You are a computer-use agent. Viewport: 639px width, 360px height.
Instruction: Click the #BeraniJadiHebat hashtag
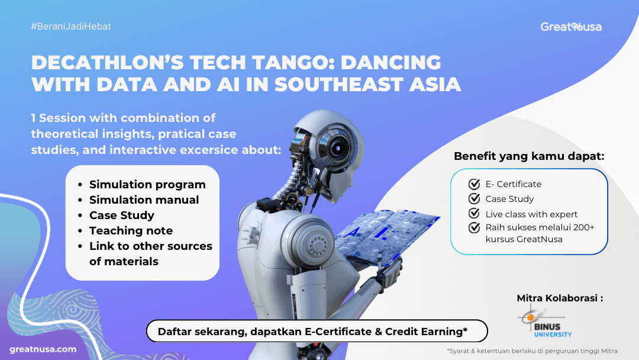[71, 27]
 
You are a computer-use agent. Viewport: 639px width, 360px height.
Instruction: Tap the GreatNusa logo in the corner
[571, 27]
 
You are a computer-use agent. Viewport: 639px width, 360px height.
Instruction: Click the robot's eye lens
[338, 147]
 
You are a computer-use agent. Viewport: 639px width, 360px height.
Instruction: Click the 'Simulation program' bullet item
[147, 185]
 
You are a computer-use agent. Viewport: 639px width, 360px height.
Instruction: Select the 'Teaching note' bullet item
[131, 231]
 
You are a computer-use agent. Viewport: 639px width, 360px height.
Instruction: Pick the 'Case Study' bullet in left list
[122, 216]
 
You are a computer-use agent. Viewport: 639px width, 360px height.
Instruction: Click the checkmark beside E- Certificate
[474, 184]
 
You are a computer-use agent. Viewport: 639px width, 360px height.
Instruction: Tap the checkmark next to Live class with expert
[474, 214]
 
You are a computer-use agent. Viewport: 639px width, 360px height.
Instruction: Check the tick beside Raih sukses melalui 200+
[474, 227]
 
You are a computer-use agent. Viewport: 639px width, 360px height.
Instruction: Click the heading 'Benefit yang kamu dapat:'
[529, 156]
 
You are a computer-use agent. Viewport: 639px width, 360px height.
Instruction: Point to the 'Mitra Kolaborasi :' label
[560, 298]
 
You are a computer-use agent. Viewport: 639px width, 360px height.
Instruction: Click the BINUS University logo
[544, 322]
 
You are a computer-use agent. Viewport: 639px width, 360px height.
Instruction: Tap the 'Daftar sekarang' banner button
[317, 331]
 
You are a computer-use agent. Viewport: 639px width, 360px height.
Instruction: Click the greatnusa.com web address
[43, 349]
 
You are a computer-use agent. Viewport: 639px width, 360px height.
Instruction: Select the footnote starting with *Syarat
[532, 351]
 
